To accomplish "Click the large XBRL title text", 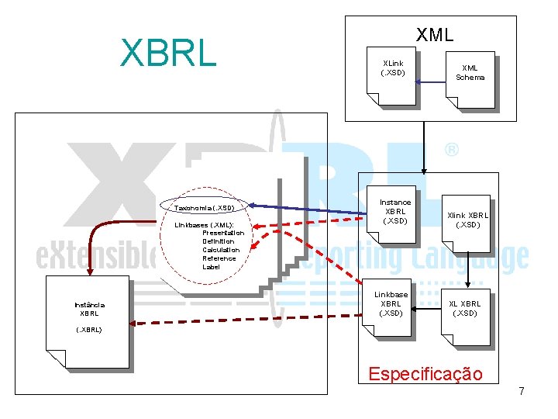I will pyautogui.click(x=167, y=53).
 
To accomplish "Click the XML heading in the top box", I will pyautogui.click(x=434, y=35).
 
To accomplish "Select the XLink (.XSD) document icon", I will pyautogui.click(x=392, y=77).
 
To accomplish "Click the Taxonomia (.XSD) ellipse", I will pyautogui.click(x=205, y=208).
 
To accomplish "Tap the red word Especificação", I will pyautogui.click(x=425, y=374).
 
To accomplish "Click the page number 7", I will pyautogui.click(x=522, y=391).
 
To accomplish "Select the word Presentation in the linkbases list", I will pyautogui.click(x=223, y=233).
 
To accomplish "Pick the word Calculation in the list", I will pyautogui.click(x=221, y=250).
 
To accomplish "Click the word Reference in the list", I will pyautogui.click(x=219, y=258).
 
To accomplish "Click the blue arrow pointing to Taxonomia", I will pyautogui.click(x=310, y=209).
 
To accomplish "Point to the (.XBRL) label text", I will pyautogui.click(x=88, y=330).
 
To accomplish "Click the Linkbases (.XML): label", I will pyautogui.click(x=205, y=224).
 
